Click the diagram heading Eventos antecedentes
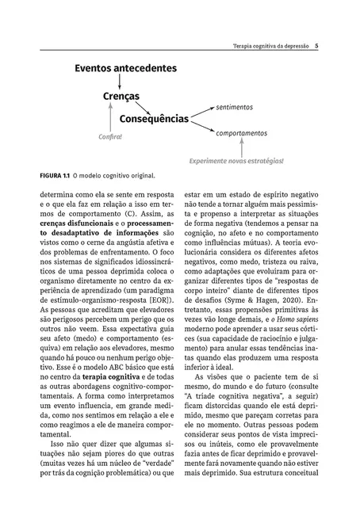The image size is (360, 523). (125, 69)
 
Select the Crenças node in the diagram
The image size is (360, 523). (121, 96)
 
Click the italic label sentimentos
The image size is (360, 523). (235, 106)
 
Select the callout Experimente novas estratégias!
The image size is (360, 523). (236, 161)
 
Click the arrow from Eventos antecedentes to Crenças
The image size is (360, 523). (109, 82)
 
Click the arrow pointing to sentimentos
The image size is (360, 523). (203, 112)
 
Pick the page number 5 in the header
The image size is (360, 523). (316, 46)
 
